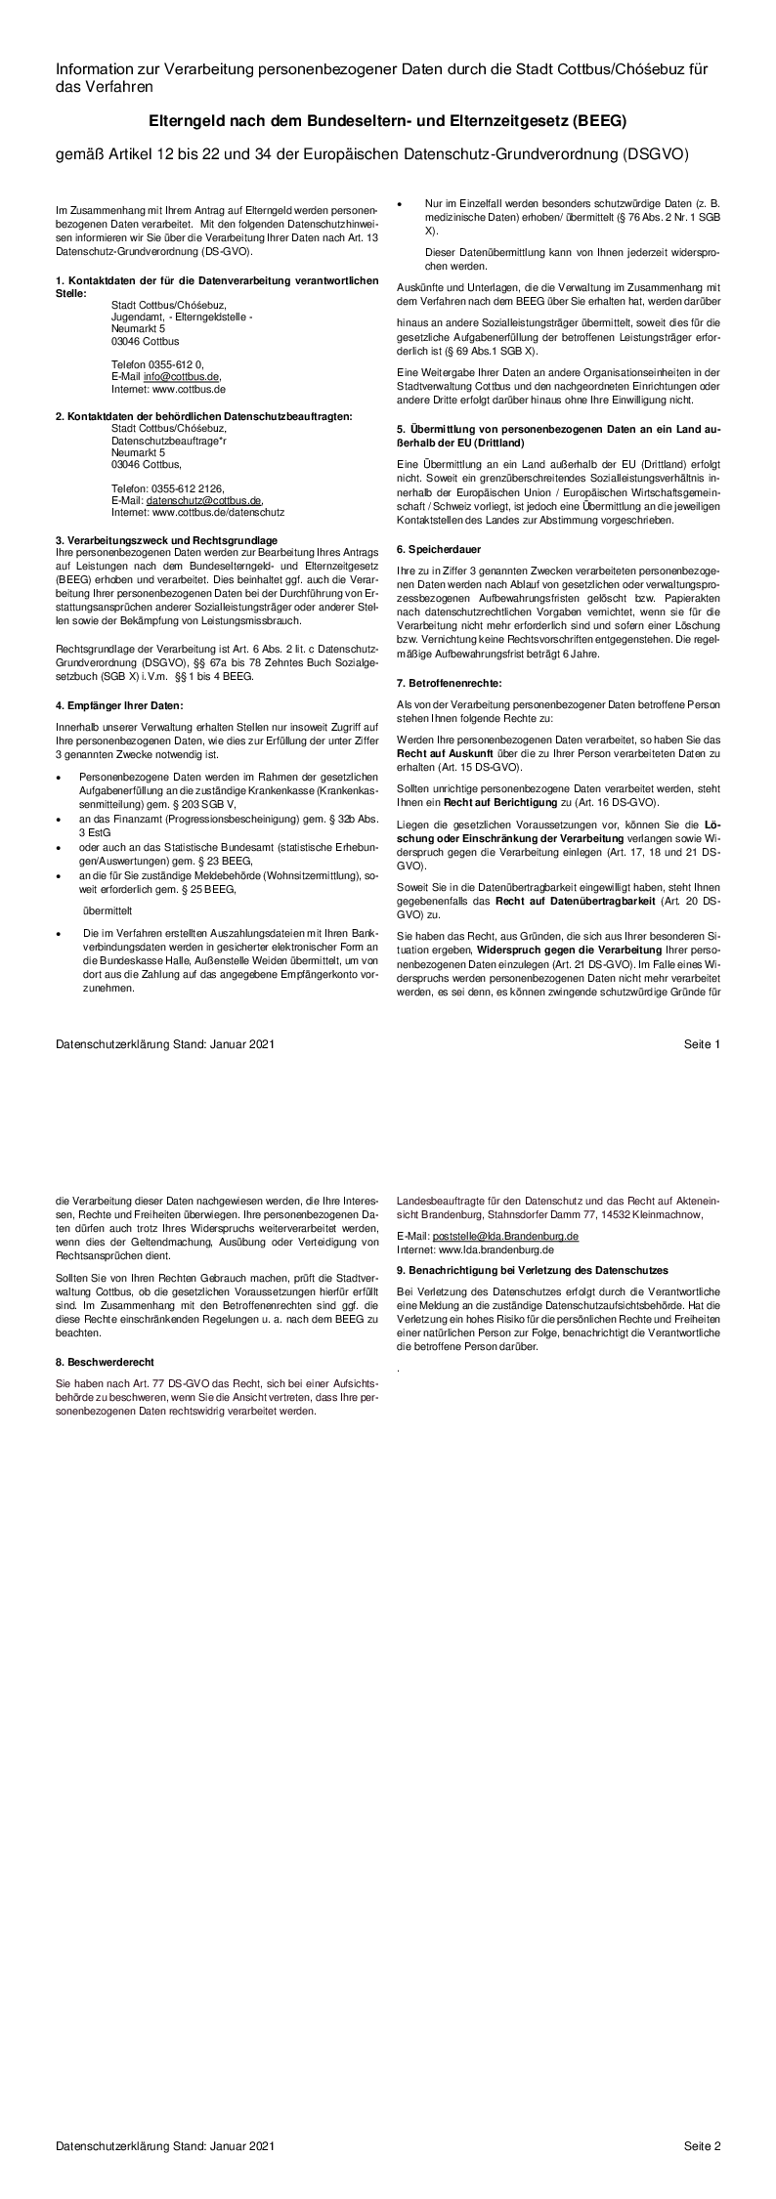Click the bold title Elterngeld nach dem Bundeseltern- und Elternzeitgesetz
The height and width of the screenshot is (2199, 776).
(x=387, y=122)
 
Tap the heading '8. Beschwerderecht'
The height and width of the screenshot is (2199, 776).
(x=105, y=1361)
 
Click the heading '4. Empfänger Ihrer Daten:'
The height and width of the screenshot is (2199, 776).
(x=119, y=704)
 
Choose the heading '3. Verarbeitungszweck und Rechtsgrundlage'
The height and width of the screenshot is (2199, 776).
(x=166, y=539)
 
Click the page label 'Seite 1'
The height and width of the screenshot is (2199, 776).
(x=702, y=1044)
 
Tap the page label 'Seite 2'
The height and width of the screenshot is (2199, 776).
(x=702, y=2166)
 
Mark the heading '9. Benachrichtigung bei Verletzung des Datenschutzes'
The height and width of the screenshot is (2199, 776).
(x=532, y=1270)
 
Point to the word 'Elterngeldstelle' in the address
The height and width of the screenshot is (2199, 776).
(x=215, y=318)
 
